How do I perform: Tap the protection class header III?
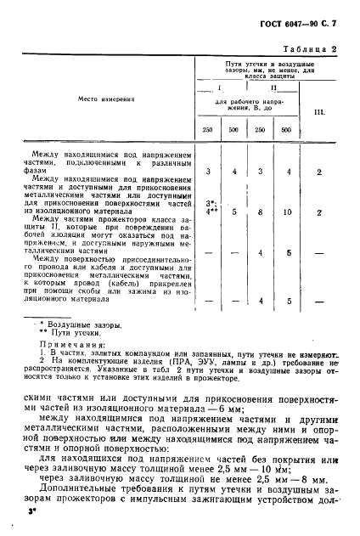click(x=318, y=111)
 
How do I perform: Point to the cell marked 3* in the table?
click(x=211, y=204)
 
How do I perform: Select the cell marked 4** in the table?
click(x=211, y=212)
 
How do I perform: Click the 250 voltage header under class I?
click(x=207, y=129)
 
